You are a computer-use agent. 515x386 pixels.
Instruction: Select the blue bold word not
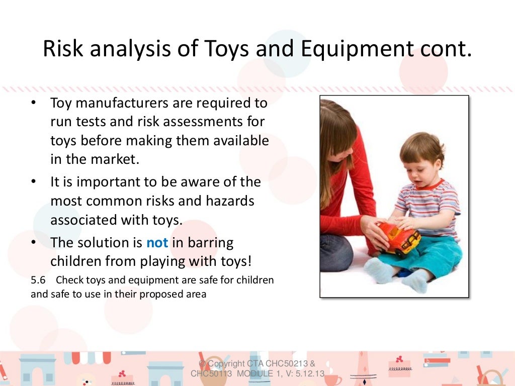157,243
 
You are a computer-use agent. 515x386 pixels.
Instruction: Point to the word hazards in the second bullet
230,201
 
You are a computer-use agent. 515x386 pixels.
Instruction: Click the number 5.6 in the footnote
39,280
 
